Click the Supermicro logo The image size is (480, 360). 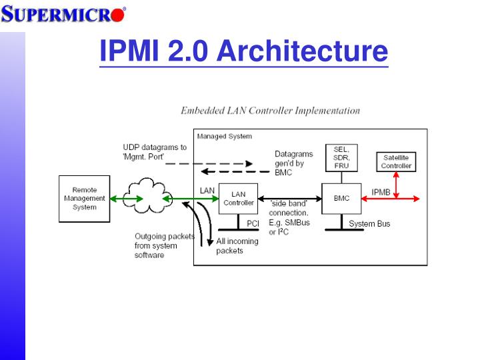click(63, 13)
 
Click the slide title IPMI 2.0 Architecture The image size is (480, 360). click(243, 51)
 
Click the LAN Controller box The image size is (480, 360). click(238, 198)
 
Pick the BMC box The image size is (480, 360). click(341, 198)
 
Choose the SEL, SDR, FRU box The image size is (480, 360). click(341, 157)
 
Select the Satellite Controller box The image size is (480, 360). click(396, 161)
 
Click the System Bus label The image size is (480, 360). click(369, 224)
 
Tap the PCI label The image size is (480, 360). click(253, 224)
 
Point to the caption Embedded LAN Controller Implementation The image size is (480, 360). click(270, 111)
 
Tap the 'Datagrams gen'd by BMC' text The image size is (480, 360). click(293, 163)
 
